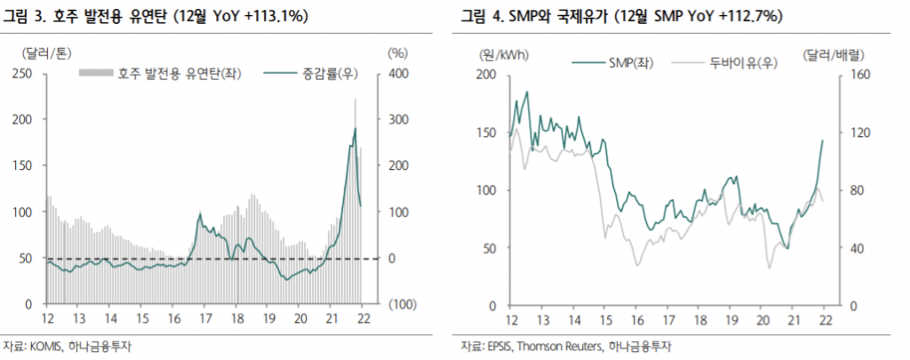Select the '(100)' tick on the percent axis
coord(402,304)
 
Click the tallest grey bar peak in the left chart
coord(355,99)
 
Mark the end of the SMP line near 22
coord(822,140)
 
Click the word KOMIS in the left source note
coord(47,346)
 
